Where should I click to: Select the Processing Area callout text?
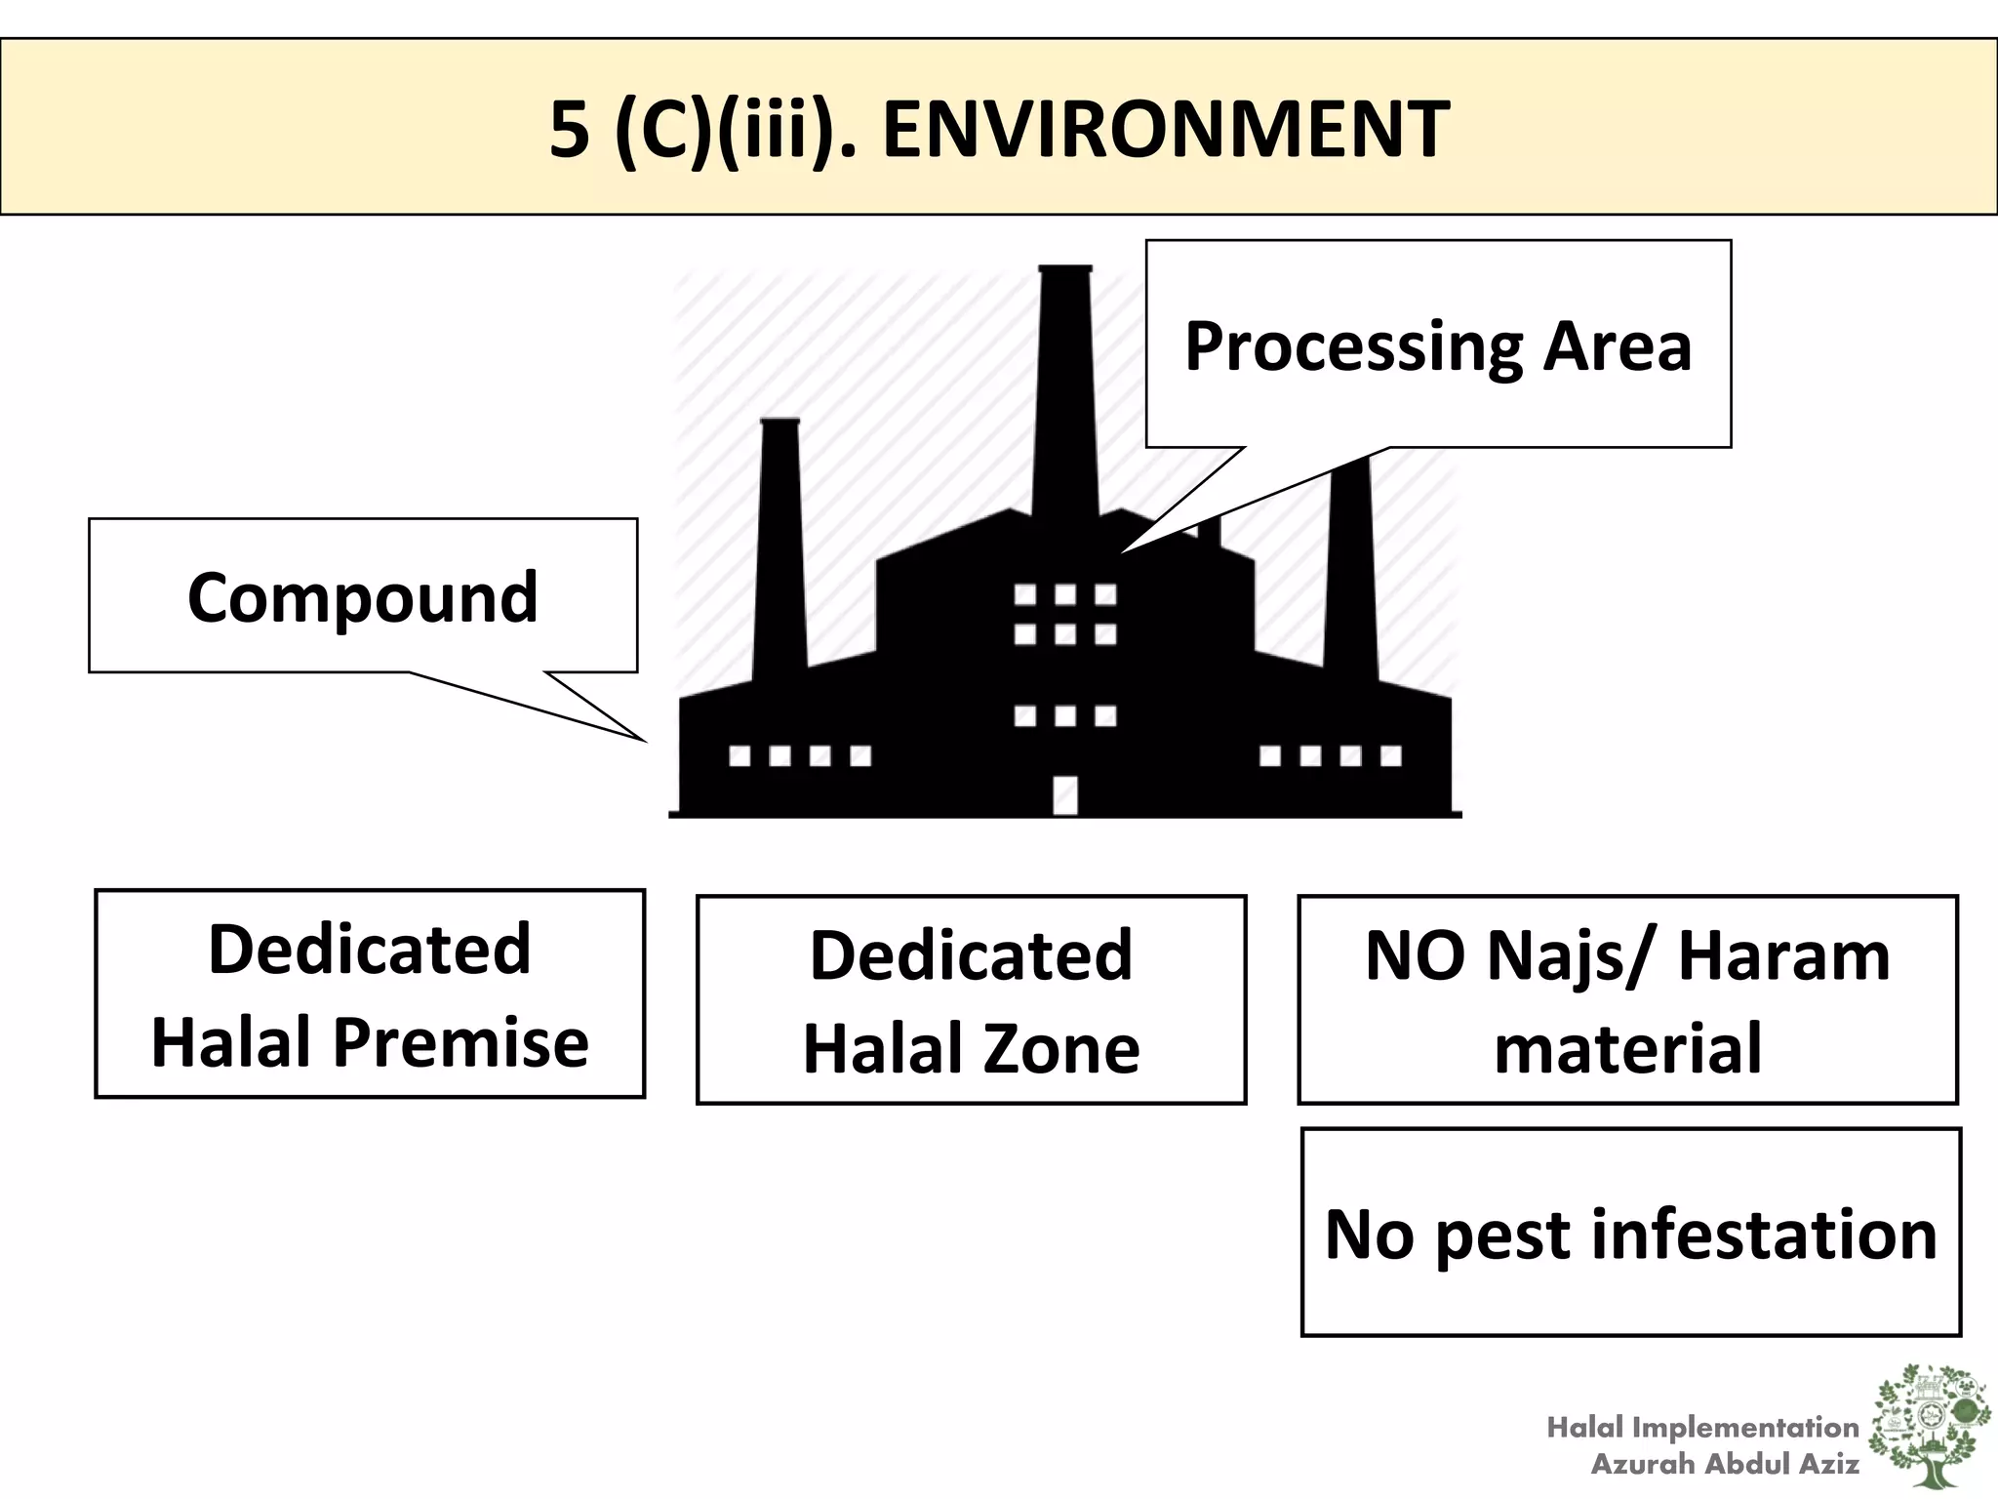coord(1437,346)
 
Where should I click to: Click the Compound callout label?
coord(362,597)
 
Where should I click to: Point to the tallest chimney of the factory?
coord(1065,390)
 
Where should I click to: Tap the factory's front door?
coord(1065,794)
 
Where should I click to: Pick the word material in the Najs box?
coord(1627,1048)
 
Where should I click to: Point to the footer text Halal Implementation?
coord(1702,1428)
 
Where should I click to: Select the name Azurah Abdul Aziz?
coord(1725,1464)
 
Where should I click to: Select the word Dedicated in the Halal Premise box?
coord(369,949)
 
